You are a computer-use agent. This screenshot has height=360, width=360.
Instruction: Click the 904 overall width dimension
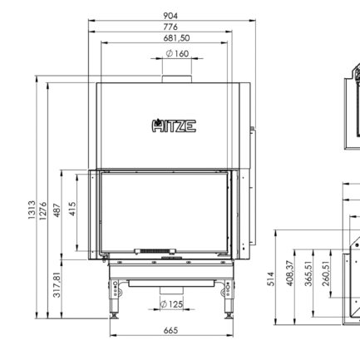coord(171,15)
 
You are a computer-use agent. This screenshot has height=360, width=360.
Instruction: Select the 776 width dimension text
coord(171,27)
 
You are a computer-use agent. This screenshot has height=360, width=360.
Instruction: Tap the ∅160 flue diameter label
coord(176,53)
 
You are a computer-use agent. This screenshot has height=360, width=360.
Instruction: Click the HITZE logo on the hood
coord(174,126)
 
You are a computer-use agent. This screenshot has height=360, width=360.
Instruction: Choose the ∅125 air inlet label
coord(171,304)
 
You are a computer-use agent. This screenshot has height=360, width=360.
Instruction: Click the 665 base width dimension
coord(170,331)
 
